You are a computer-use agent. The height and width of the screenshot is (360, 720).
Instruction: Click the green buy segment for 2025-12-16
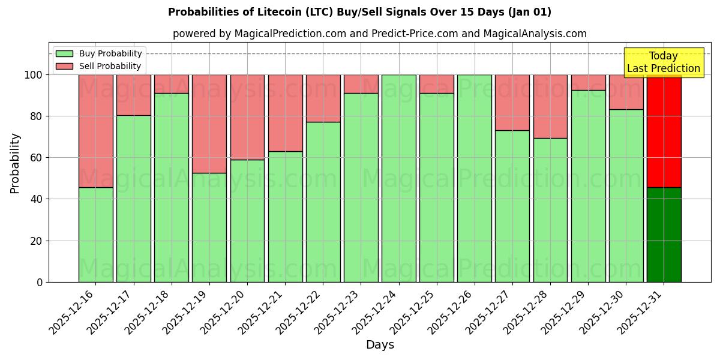click(95, 235)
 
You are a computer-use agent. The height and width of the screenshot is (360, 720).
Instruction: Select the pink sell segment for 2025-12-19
click(209, 124)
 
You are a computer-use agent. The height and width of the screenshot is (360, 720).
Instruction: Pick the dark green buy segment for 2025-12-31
click(664, 235)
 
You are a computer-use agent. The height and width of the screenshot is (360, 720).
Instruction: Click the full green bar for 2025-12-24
click(399, 178)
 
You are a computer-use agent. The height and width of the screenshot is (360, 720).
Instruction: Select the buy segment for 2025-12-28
click(550, 210)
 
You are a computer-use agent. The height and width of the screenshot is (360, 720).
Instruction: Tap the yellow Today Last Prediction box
click(664, 62)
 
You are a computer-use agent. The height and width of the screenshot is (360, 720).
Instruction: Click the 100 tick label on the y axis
click(33, 75)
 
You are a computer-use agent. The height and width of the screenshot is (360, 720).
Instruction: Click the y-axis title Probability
click(15, 163)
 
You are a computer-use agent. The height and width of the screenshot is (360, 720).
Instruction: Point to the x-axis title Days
click(380, 345)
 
